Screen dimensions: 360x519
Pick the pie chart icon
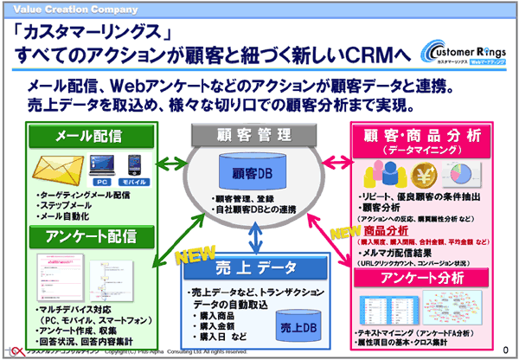tap(468, 171)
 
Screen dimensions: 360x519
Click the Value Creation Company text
tap(55, 7)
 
